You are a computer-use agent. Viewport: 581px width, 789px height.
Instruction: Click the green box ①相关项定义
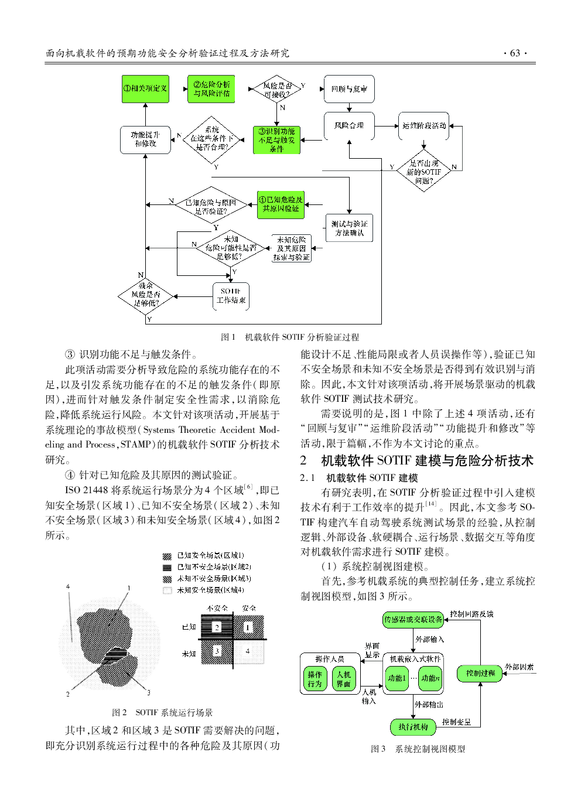tap(145, 89)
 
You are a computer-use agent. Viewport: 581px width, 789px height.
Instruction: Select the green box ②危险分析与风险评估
tap(211, 89)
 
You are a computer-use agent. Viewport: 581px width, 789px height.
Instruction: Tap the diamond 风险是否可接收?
tap(277, 89)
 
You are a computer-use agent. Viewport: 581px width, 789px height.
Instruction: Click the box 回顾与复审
tap(349, 89)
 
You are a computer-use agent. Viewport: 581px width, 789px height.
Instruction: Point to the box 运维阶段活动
tap(424, 126)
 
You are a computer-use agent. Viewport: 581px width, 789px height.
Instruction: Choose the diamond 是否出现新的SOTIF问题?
tap(424, 171)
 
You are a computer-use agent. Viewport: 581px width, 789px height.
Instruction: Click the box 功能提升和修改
tap(145, 140)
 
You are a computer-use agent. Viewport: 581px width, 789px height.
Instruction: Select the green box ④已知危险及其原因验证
tap(281, 204)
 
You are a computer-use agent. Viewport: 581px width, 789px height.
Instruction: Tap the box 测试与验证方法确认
tap(349, 228)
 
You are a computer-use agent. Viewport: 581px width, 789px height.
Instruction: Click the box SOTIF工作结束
tap(231, 296)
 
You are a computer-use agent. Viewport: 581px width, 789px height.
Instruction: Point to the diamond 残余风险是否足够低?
tap(145, 296)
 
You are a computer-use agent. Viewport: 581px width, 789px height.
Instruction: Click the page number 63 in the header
tap(515, 53)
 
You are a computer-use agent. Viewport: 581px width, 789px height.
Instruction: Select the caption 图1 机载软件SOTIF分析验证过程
tap(290, 337)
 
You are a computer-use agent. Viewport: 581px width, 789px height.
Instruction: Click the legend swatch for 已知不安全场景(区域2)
tap(168, 568)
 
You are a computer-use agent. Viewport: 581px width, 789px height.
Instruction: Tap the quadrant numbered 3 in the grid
tap(217, 651)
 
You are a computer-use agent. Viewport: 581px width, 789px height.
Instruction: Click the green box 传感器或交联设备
tap(413, 620)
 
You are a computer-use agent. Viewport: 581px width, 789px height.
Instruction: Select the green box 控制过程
tap(480, 674)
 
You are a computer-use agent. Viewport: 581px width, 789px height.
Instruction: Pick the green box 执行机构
tap(413, 727)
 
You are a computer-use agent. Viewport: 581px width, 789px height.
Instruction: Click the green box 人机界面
tap(344, 679)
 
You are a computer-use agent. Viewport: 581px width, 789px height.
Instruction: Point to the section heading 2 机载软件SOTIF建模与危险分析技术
tap(417, 460)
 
